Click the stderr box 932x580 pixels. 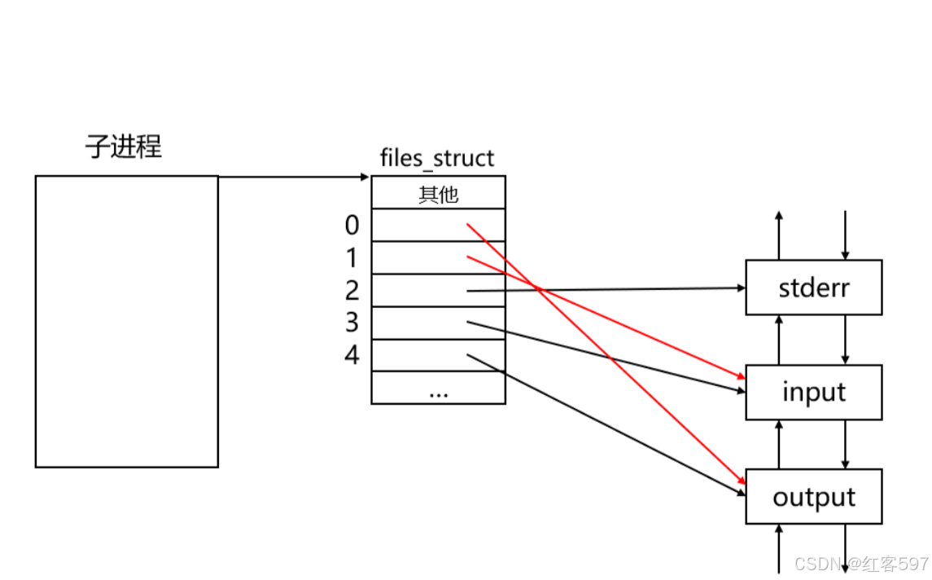813,288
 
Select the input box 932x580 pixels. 813,392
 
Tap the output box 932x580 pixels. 813,497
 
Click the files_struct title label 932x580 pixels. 437,157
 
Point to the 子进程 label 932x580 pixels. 124,147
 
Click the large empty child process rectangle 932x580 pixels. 126,321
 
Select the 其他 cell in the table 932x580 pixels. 438,195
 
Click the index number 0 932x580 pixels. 352,225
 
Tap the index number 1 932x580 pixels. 352,258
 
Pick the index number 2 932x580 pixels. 352,290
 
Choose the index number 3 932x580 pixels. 352,323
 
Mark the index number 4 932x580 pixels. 352,355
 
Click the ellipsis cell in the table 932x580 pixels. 438,389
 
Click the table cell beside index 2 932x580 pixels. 438,290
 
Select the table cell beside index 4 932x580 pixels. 438,355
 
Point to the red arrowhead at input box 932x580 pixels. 741,377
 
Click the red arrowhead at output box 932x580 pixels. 741,481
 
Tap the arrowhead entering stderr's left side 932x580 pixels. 741,288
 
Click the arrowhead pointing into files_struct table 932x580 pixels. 365,176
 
